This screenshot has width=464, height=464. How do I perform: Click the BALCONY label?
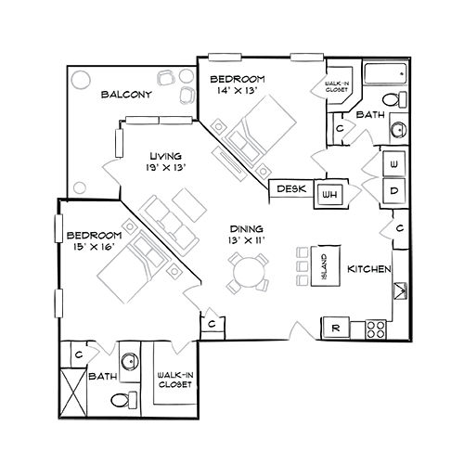pyautogui.click(x=126, y=95)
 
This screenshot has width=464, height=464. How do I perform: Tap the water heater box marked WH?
pyautogui.click(x=329, y=195)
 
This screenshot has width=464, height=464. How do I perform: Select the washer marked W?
pyautogui.click(x=393, y=164)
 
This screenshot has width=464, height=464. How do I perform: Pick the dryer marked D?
pyautogui.click(x=393, y=191)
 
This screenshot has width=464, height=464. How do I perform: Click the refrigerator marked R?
pyautogui.click(x=336, y=328)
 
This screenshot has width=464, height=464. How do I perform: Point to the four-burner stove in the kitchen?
pyautogui.click(x=376, y=329)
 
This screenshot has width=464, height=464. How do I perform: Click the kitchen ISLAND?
pyautogui.click(x=326, y=266)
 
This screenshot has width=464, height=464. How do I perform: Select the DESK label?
pyautogui.click(x=291, y=188)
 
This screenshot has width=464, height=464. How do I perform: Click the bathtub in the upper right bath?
pyautogui.click(x=385, y=73)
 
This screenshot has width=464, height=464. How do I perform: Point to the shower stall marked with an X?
pyautogui.click(x=73, y=393)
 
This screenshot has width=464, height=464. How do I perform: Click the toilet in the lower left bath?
pyautogui.click(x=124, y=400)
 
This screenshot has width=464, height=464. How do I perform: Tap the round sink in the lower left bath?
pyautogui.click(x=130, y=362)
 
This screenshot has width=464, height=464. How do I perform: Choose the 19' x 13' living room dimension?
pyautogui.click(x=166, y=167)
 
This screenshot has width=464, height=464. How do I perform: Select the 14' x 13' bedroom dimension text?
pyautogui.click(x=238, y=90)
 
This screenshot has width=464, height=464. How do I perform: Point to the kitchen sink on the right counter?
pyautogui.click(x=400, y=290)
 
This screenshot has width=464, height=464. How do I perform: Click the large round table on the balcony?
pyautogui.click(x=81, y=80)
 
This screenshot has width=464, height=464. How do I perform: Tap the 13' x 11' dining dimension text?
pyautogui.click(x=246, y=240)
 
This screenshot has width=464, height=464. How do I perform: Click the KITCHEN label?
pyautogui.click(x=369, y=269)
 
